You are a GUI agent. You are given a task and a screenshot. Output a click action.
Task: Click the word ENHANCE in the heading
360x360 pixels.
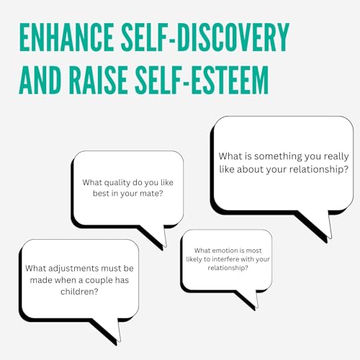coord(67,37)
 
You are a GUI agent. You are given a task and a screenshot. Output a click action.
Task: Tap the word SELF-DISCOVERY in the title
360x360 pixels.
coord(205,37)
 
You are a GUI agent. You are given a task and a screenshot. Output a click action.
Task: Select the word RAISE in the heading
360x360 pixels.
coord(98,80)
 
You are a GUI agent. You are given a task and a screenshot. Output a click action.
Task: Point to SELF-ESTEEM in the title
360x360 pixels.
coord(202,80)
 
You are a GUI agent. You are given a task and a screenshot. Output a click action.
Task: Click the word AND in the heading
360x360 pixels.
coord(40,80)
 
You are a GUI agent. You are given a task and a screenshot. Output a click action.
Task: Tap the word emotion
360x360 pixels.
coord(220,251)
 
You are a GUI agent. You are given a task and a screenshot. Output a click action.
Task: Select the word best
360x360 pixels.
coord(101,194)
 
